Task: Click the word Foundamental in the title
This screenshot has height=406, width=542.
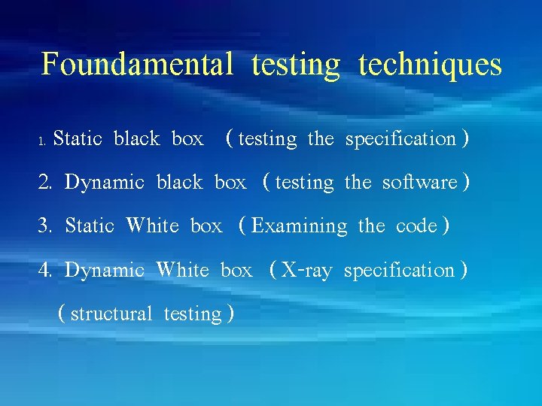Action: [137, 64]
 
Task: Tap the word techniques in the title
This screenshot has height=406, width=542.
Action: [430, 64]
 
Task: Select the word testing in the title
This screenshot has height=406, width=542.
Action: [296, 65]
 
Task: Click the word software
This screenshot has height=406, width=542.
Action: [419, 183]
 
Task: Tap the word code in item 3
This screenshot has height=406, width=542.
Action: [416, 226]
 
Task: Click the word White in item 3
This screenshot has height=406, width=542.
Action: [153, 226]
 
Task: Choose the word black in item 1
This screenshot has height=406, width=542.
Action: [136, 139]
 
